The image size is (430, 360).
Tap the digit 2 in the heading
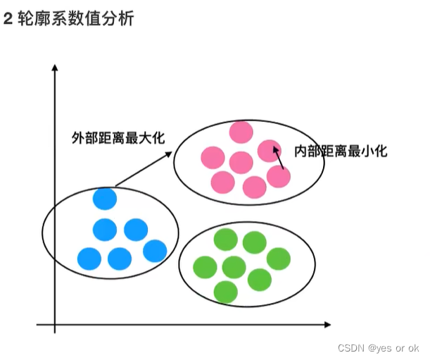(x=8, y=19)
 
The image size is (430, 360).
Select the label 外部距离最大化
(x=118, y=137)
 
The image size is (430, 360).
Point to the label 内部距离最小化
(x=341, y=151)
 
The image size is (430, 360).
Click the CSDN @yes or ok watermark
(x=378, y=348)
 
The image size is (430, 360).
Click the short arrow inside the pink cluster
(x=278, y=159)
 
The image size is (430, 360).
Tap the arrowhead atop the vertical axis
(x=55, y=68)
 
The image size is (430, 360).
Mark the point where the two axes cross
(x=55, y=325)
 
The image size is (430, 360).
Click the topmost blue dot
(x=105, y=199)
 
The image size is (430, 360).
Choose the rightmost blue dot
(x=155, y=250)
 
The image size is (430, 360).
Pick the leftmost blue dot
(x=89, y=259)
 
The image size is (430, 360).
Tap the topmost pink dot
(x=241, y=132)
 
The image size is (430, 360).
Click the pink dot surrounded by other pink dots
(x=241, y=163)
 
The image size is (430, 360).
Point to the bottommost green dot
(x=225, y=292)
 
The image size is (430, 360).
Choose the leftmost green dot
(x=205, y=266)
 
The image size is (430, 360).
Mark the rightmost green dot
(x=279, y=259)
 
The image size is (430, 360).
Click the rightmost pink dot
(x=279, y=176)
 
